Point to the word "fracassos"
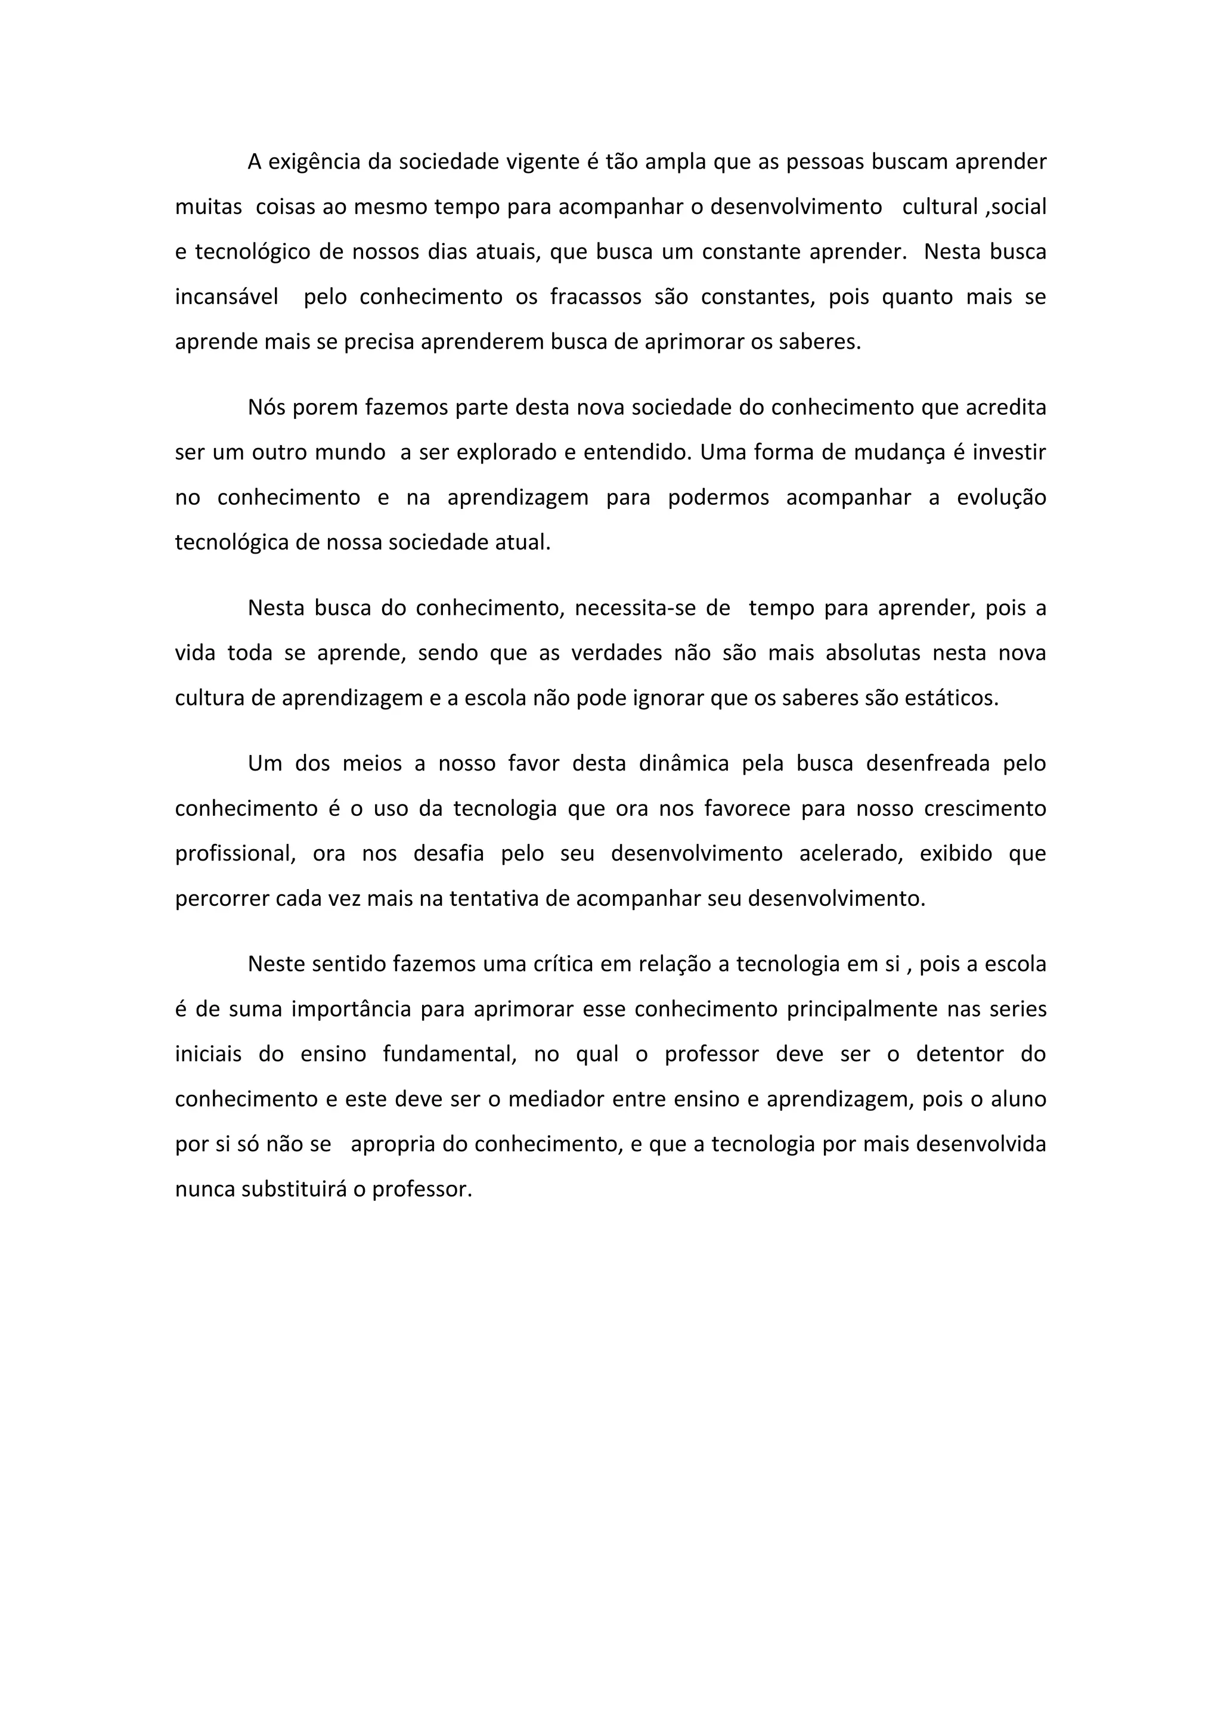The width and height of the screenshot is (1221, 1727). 595,297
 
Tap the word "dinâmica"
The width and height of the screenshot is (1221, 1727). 683,763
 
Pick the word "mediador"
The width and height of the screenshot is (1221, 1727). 556,1099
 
